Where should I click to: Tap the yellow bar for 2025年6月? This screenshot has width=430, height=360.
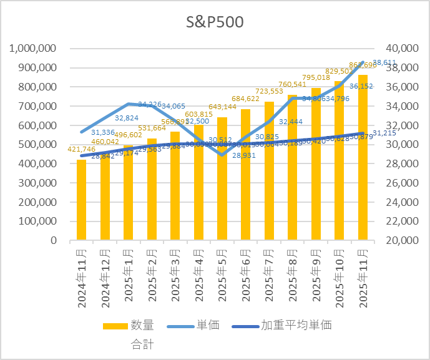point(245,175)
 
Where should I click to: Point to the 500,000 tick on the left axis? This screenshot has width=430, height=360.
point(39,144)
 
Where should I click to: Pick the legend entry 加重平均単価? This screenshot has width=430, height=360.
point(296,326)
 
